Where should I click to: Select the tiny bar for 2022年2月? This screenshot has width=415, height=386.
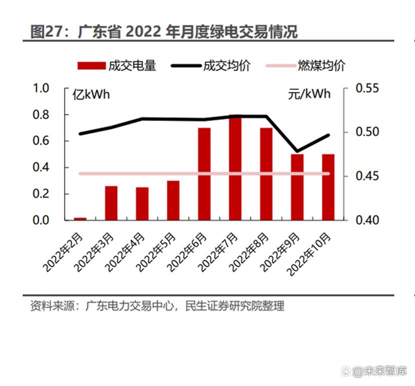[x=80, y=218]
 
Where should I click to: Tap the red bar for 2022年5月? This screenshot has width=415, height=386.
[x=173, y=200]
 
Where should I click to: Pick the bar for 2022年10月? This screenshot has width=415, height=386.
[x=328, y=187]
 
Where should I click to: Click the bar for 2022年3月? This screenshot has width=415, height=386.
[x=111, y=203]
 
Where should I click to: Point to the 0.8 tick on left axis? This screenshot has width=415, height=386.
[x=41, y=115]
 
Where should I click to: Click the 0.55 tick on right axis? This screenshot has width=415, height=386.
[x=367, y=88]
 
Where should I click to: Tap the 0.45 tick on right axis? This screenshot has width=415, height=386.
[x=367, y=176]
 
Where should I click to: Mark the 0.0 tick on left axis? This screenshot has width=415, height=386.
[x=41, y=220]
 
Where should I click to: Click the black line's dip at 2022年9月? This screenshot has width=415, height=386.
[x=297, y=151]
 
